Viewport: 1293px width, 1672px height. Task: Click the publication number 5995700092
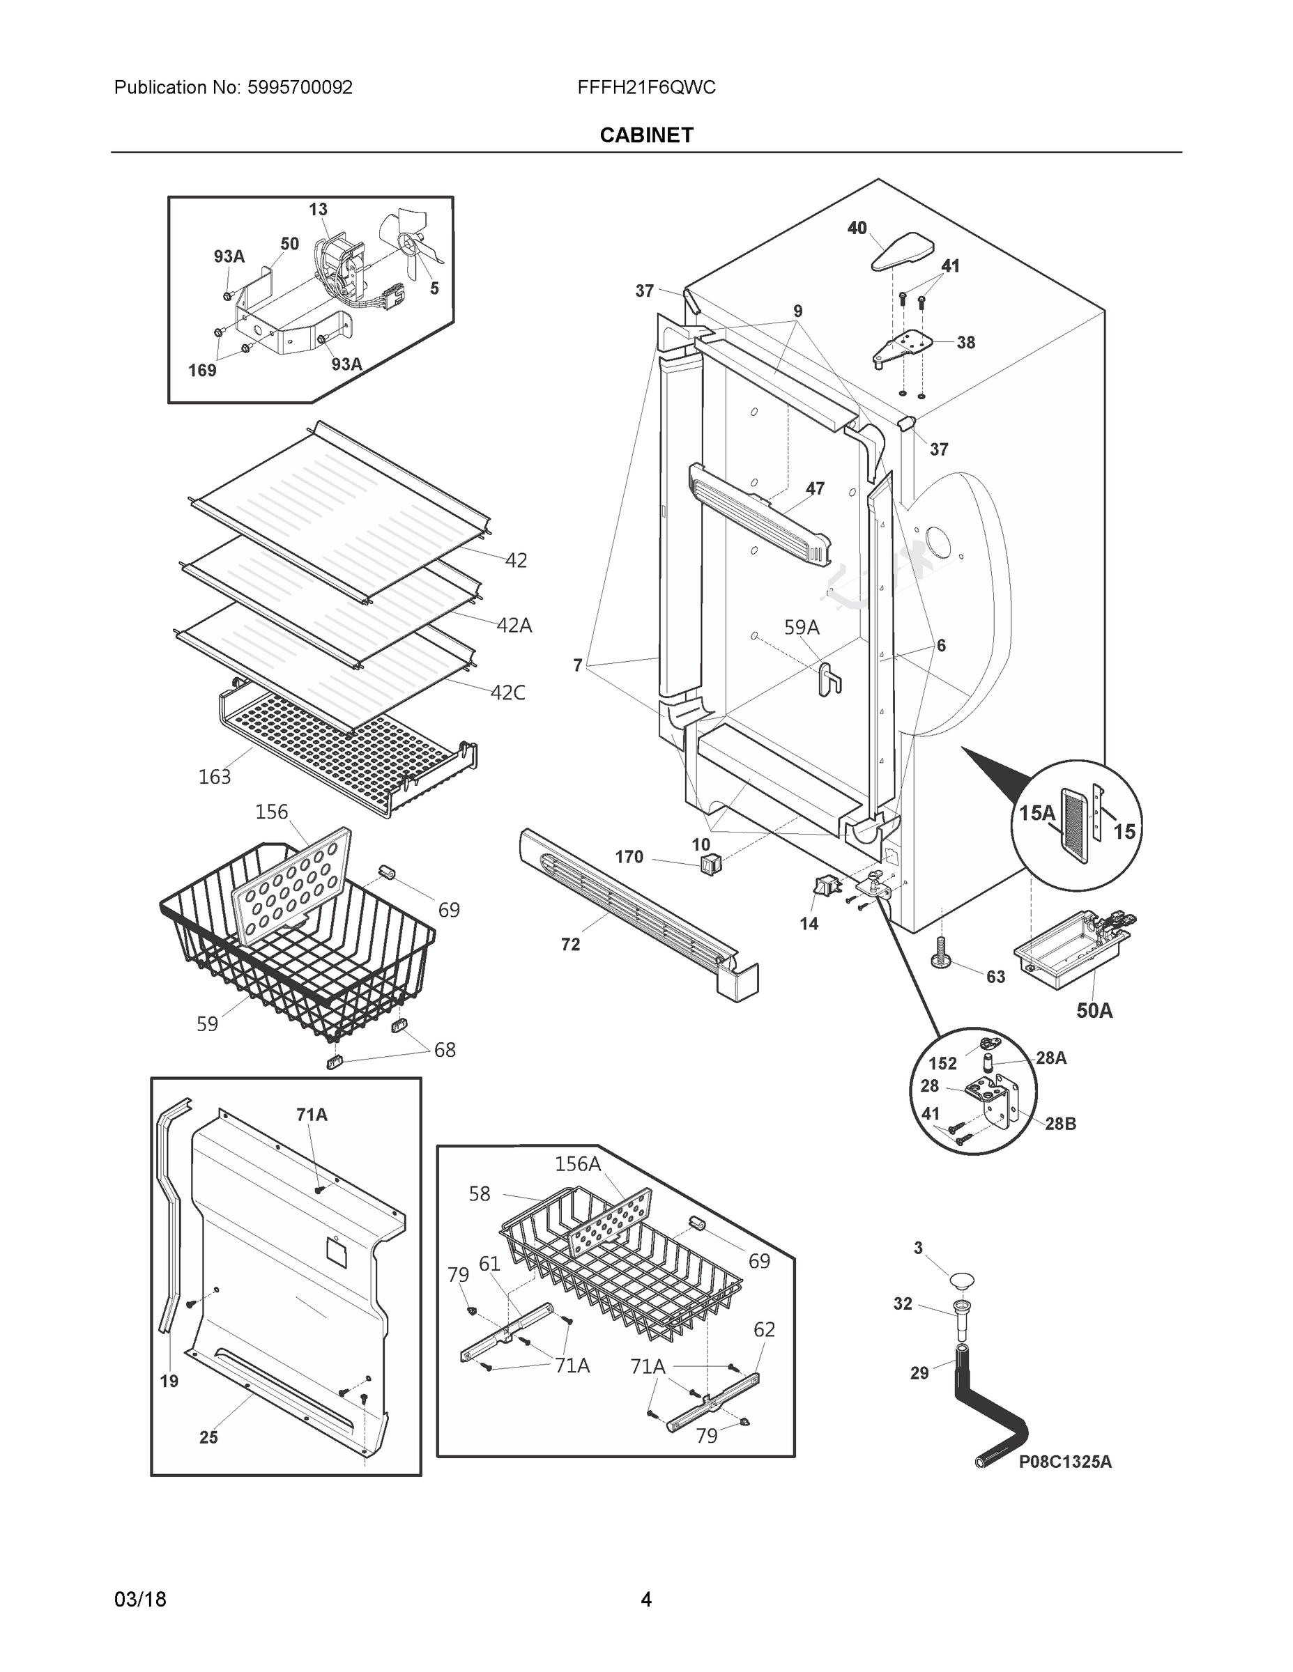coord(300,87)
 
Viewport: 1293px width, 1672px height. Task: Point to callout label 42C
coord(508,693)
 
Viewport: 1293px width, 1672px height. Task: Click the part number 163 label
coord(215,777)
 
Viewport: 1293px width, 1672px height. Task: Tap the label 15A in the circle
coord(1036,813)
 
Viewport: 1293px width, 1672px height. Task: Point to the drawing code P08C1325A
coord(1065,1462)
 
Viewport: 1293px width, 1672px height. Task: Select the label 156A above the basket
coord(578,1164)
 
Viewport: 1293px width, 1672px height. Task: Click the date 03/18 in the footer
coord(140,1600)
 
